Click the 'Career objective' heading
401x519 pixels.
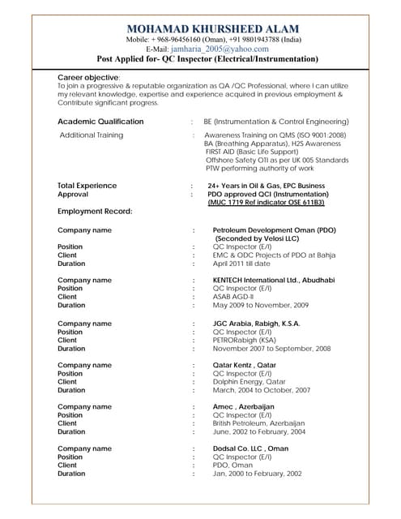89,76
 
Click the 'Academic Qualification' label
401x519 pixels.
100,122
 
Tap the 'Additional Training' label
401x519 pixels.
92,135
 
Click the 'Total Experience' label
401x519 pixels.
87,186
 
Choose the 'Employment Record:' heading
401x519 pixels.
95,211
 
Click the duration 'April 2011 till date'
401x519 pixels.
253,264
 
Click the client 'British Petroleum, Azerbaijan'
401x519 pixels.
258,423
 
